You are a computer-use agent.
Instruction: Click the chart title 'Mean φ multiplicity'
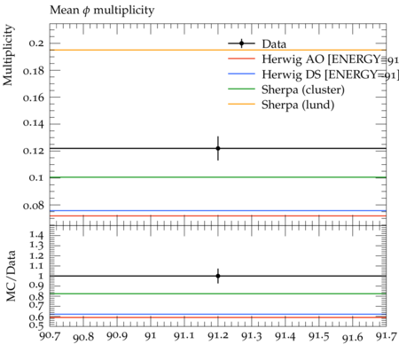tap(102, 11)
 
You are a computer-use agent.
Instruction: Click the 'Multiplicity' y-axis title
tap(8, 55)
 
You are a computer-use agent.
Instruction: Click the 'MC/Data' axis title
tap(11, 276)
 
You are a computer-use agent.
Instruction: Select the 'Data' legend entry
tap(257, 43)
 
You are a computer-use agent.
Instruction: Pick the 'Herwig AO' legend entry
tap(313, 59)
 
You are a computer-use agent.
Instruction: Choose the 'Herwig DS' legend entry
tap(313, 74)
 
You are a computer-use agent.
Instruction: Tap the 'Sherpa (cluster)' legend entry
tap(286, 90)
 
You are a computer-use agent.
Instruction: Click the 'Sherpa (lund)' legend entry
tap(281, 105)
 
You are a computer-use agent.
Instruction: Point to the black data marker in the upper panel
tap(218, 148)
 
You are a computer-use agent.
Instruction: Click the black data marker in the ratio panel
tap(218, 276)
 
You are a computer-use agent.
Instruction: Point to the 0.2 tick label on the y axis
tap(36, 43)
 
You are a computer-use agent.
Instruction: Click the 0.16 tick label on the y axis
tap(34, 98)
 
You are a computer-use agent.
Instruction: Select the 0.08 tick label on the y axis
tap(34, 205)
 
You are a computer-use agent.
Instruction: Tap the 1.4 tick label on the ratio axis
tap(36, 235)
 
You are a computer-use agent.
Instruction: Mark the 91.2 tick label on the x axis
tap(218, 336)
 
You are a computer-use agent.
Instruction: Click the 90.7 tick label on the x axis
tap(50, 336)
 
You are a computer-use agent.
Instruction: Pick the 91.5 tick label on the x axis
tap(319, 336)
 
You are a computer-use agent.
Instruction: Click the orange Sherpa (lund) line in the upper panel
tap(218, 50)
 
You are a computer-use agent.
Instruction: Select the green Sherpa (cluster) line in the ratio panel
tap(218, 293)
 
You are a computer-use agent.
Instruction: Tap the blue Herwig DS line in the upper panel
tap(218, 211)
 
